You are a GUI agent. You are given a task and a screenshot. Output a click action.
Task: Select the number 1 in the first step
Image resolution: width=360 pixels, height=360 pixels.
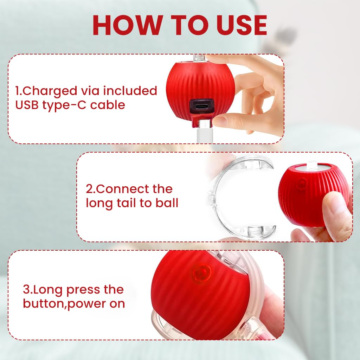click(x=17, y=91)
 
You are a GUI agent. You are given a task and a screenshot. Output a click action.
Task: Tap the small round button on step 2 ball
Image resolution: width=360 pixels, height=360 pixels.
click(x=302, y=183)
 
